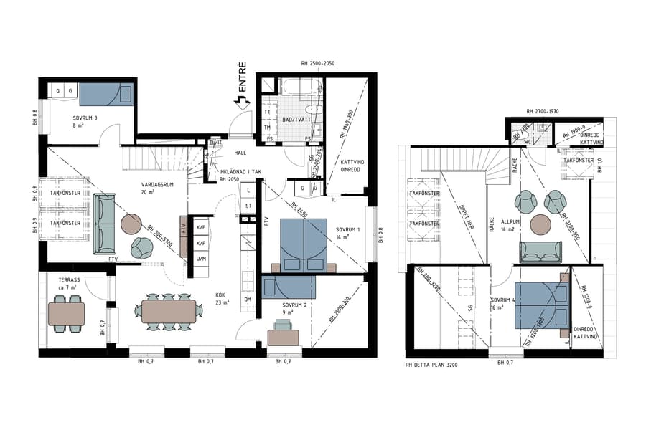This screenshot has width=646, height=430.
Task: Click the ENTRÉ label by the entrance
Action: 243,79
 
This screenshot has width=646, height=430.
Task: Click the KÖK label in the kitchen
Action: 220,294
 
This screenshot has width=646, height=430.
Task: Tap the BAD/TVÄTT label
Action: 294,119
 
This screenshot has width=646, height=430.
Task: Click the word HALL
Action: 240,153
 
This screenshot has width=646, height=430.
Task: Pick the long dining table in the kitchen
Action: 168,311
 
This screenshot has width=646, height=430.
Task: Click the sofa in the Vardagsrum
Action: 103,224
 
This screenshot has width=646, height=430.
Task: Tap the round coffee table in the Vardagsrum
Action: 131,224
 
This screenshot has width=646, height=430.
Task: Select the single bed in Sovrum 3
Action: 106,95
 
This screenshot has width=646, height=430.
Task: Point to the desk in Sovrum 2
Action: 283,335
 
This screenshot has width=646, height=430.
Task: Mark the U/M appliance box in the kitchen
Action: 201,258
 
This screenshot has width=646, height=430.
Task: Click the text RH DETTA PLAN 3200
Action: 432,365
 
